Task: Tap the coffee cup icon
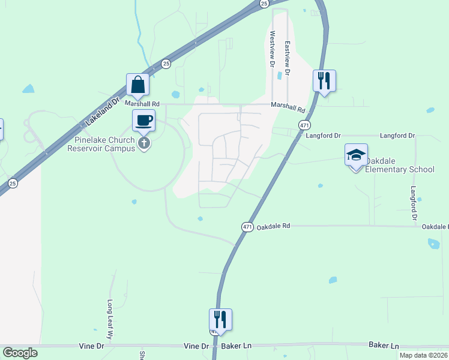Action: pos(143,121)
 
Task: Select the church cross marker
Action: pos(143,143)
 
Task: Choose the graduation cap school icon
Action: pos(355,155)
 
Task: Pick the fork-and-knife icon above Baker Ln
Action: pos(220,319)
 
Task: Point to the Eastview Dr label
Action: pos(288,57)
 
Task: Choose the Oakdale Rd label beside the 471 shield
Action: pos(273,226)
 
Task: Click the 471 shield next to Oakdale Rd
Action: pos(247,226)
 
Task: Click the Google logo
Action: pos(20,353)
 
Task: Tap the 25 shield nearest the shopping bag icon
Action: pos(166,63)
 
